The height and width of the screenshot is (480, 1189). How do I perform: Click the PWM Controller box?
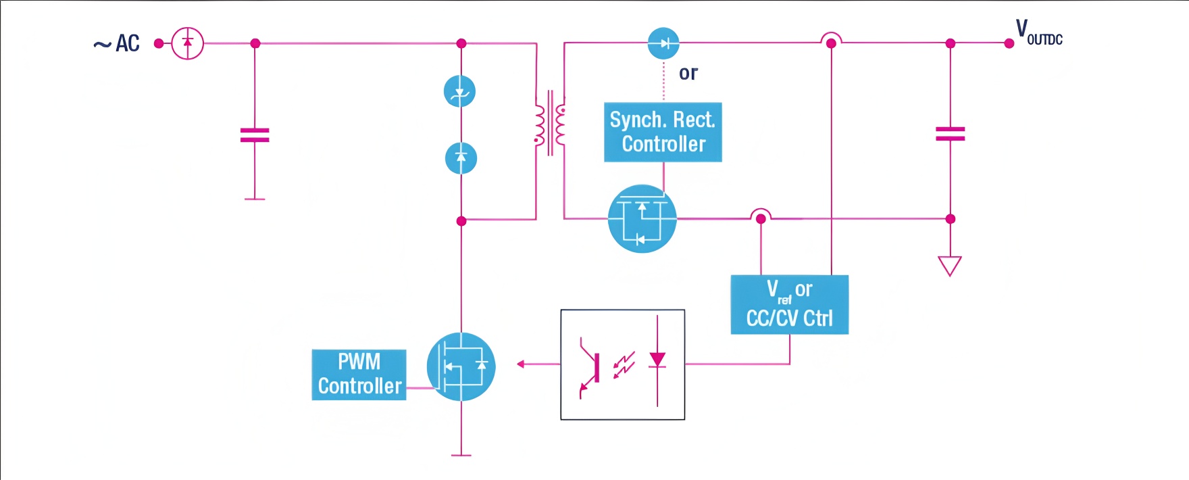pos(359,375)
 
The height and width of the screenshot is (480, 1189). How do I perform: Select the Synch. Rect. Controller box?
pos(663,132)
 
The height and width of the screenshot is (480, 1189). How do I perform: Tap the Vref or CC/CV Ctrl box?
pos(789,304)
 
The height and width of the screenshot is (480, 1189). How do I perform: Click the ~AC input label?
pos(117,44)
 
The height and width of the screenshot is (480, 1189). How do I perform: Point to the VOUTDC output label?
pos(1039,32)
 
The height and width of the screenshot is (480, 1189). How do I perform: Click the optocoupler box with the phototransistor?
pos(622,364)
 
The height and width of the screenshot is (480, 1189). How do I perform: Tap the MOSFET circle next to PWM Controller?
pos(461,366)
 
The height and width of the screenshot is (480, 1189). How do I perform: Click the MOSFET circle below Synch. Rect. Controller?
pos(642,218)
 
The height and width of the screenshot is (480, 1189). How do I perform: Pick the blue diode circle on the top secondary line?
pos(663,43)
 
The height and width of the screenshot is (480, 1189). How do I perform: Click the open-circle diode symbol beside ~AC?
pos(187,43)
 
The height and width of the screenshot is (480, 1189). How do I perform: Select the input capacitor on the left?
pos(255,135)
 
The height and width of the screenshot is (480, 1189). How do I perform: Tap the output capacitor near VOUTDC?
pos(950,134)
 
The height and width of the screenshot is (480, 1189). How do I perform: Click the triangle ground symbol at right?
pos(950,266)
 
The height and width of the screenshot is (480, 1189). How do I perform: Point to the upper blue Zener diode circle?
pos(459,91)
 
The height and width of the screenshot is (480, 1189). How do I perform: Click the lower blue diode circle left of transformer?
pos(461,158)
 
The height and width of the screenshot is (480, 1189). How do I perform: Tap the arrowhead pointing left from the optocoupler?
pos(520,364)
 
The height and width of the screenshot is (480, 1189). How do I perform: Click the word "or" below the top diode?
pos(688,73)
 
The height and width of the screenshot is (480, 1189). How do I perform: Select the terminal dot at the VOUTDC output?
pos(1009,43)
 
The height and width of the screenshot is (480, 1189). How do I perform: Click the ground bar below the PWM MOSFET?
pos(461,456)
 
